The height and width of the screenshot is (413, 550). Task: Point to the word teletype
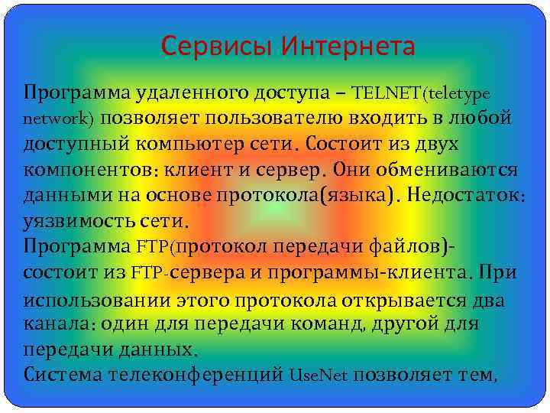click(x=459, y=93)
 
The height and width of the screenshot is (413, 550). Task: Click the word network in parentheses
click(x=56, y=119)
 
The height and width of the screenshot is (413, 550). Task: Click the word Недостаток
click(x=463, y=195)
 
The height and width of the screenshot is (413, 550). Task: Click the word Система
click(x=63, y=375)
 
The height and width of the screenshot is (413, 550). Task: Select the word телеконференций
click(x=196, y=375)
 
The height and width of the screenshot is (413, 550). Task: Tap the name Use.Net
click(x=319, y=375)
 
